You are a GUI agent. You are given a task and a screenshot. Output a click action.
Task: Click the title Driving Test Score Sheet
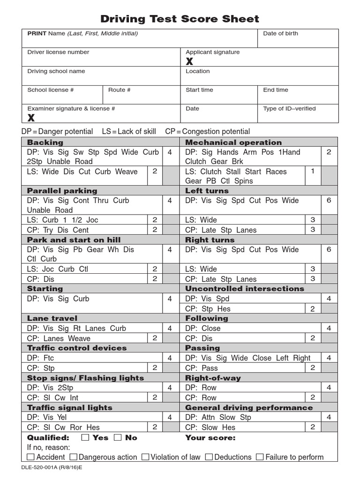pos(180,19)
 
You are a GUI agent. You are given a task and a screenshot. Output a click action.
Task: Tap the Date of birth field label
pos(280,34)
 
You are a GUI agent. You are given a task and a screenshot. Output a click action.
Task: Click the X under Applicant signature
pos(189,62)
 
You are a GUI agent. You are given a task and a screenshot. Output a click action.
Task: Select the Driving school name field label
pos(56,71)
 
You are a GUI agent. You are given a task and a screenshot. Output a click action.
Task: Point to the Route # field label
pos(120,90)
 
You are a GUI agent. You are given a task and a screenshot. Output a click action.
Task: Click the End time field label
pos(276,90)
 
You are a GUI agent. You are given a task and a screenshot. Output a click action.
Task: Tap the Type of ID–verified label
pos(289,109)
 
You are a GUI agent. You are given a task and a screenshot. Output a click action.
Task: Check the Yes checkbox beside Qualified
pos(85,438)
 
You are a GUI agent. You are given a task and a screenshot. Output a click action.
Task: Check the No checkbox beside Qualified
pos(118,438)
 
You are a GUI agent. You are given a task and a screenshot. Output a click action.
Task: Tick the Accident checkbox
pos(31,457)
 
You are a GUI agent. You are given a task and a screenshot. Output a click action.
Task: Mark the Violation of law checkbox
pos(145,457)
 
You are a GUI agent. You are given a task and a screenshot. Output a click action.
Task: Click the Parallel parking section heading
pos(62,191)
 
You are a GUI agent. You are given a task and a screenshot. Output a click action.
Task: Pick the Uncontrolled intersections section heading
pos(244,289)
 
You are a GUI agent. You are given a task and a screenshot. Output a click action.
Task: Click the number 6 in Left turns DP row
pos(329,201)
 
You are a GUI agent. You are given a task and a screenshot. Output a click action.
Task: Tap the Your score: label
pos(210,438)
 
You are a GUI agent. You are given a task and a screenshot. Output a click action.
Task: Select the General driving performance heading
pos(248,408)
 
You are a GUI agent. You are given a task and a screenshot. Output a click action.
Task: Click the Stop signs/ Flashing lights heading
pos(85,378)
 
